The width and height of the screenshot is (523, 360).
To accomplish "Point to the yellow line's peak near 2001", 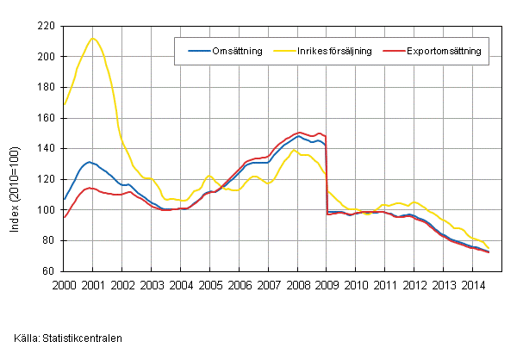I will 93,38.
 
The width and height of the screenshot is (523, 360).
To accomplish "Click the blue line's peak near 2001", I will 90,162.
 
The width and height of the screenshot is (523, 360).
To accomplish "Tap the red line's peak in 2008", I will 300,133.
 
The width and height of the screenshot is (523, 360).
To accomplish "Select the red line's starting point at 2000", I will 64,217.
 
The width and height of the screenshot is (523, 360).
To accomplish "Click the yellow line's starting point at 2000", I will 64,104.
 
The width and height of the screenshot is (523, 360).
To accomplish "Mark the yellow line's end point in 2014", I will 489,248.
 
